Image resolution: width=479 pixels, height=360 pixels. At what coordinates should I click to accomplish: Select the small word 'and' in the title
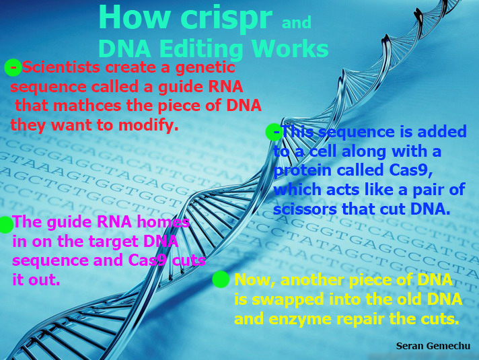pos(297,24)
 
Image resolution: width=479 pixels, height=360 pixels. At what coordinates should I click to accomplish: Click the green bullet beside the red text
pos(13,67)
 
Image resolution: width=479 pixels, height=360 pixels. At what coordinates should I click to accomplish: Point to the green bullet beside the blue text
pos(273,132)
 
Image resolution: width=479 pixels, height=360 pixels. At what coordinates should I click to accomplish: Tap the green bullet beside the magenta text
pos(5,224)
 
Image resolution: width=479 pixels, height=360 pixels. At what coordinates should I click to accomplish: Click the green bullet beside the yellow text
pos(221,279)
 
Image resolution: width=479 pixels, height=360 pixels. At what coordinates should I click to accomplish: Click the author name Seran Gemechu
pos(433,345)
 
